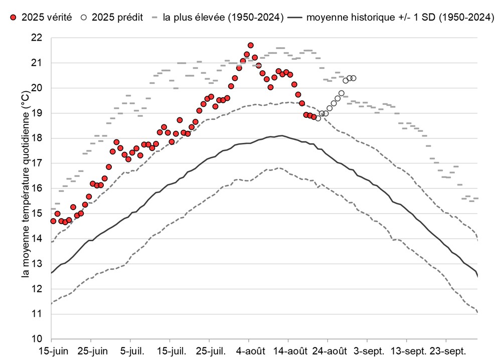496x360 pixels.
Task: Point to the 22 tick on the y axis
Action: pyautogui.click(x=38, y=38)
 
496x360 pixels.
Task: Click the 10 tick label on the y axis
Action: pyautogui.click(x=38, y=339)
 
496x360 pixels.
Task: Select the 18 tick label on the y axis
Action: pyautogui.click(x=38, y=138)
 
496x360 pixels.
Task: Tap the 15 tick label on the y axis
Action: pyautogui.click(x=38, y=214)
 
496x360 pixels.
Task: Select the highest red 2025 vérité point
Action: pyautogui.click(x=250, y=46)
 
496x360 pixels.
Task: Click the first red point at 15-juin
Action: pyautogui.click(x=53, y=221)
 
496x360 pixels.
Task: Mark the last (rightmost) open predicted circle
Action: pyautogui.click(x=354, y=78)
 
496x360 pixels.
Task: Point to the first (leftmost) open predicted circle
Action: pyautogui.click(x=318, y=118)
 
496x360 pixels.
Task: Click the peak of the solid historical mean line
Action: pyautogui.click(x=282, y=135)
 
